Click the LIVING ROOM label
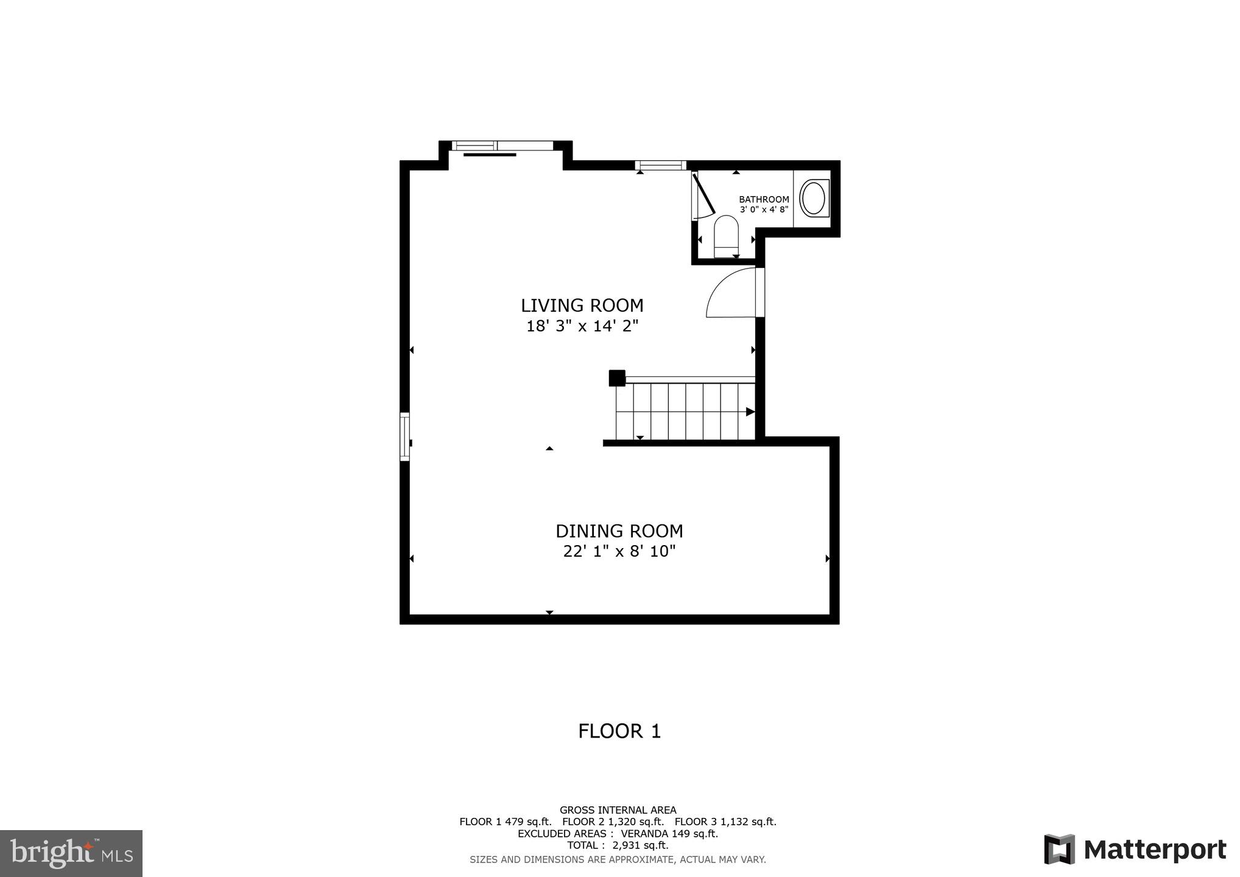(582, 305)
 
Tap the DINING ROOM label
(619, 531)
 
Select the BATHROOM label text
(764, 199)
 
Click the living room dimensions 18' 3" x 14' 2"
(582, 326)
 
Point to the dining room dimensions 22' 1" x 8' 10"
(619, 552)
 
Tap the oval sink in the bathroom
(813, 198)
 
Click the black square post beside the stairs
(617, 378)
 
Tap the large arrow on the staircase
(750, 412)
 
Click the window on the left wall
(404, 436)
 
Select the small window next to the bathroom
(660, 165)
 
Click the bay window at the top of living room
(504, 146)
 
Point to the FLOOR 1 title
(619, 731)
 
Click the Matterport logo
(1135, 849)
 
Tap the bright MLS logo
(71, 853)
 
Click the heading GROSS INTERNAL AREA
(618, 810)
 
